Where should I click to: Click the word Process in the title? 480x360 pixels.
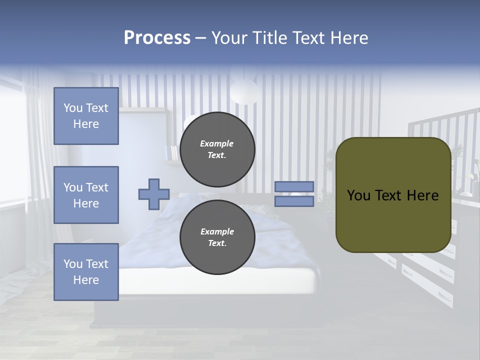pos(157,38)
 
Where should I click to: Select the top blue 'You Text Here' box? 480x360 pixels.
pos(86,116)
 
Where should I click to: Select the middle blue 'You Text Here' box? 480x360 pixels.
pos(86,195)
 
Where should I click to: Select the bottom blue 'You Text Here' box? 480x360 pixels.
pos(86,272)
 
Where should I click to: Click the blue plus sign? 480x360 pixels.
pos(154,194)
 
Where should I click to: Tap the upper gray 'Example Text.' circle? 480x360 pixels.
pos(217,149)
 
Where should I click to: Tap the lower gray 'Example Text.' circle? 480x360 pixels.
pos(217,237)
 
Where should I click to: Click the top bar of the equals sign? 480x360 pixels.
pos(294,186)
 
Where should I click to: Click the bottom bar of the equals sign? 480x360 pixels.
pos(294,201)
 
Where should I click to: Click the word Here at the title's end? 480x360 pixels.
pos(350,38)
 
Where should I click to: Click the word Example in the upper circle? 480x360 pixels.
pos(216,143)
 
